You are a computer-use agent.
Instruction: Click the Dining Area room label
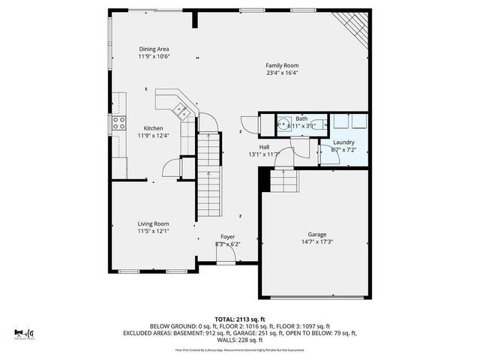click(153, 49)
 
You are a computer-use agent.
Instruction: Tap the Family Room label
click(281, 66)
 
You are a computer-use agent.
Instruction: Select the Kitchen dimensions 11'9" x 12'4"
click(154, 136)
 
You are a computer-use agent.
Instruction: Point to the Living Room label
click(153, 223)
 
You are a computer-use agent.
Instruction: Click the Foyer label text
click(227, 236)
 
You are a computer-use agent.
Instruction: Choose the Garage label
click(316, 234)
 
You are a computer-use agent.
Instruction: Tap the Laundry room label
click(343, 142)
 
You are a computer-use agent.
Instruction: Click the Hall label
click(264, 147)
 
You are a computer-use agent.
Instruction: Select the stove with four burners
click(118, 124)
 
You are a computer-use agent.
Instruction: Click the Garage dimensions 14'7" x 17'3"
click(316, 241)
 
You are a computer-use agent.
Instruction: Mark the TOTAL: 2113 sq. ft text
click(239, 318)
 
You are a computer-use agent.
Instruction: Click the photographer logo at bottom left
click(25, 331)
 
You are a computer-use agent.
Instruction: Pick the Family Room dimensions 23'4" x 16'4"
click(281, 73)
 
